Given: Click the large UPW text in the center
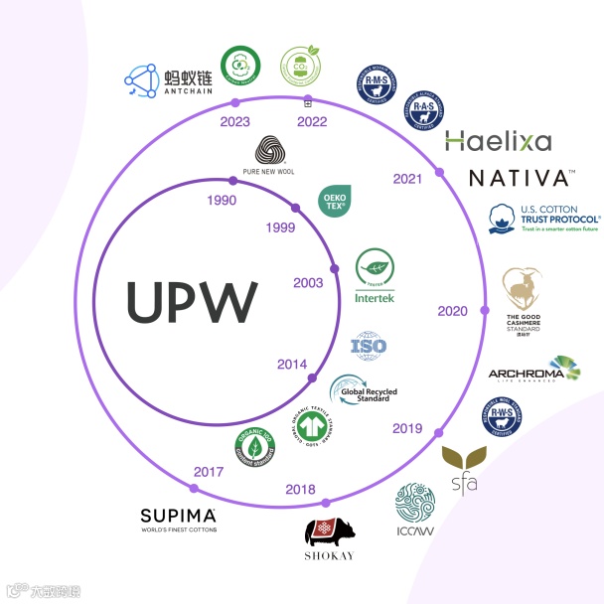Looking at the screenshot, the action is [192, 300].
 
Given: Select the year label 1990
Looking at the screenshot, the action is [220, 201].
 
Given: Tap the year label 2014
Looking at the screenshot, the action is [292, 364].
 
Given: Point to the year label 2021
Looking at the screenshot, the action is [407, 179].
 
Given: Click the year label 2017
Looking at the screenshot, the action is [209, 471].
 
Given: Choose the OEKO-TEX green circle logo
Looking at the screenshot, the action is [332, 201].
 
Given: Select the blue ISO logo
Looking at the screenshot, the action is [369, 347].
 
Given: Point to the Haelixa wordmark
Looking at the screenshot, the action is [498, 141].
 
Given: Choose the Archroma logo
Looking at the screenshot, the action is [534, 370].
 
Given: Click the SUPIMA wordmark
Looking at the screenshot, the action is [178, 518].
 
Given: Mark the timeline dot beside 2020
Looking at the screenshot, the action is [484, 311].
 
